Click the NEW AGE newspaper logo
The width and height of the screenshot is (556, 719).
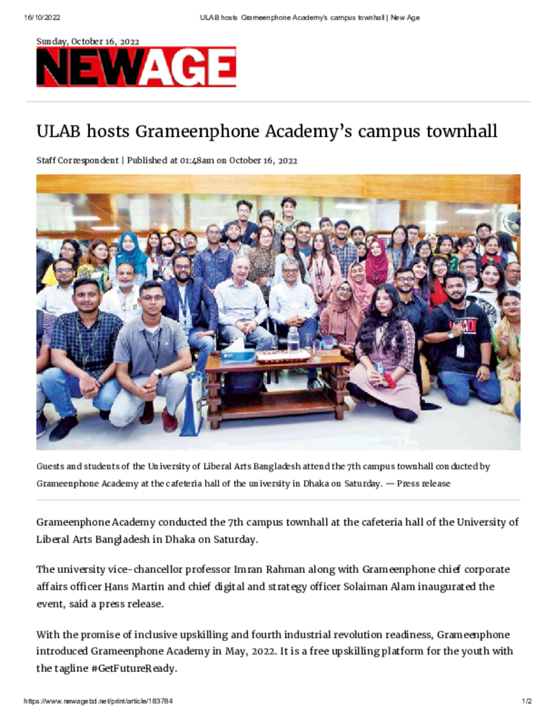tap(136, 67)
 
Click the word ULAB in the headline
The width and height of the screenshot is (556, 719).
tap(57, 131)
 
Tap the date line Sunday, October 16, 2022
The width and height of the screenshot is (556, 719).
tap(88, 41)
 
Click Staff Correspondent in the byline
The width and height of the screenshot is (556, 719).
tap(77, 161)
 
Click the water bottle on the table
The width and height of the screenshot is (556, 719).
tap(293, 340)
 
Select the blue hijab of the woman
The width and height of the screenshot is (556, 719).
tap(131, 253)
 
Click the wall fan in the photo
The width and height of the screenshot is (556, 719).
tap(512, 223)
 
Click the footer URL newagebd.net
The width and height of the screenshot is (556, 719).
tap(98, 701)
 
